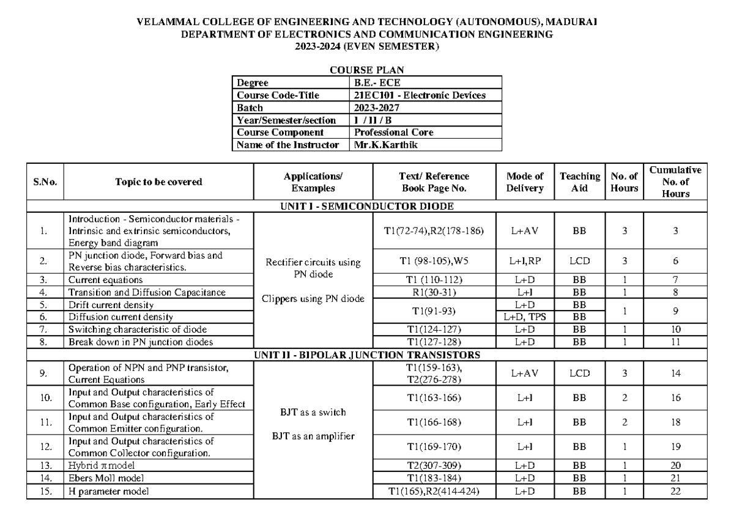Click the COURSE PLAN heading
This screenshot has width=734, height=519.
(x=366, y=70)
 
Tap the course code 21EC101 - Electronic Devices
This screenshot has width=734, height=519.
(x=420, y=95)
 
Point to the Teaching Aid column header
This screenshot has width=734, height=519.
(x=579, y=182)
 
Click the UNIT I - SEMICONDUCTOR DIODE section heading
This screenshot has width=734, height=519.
(x=366, y=206)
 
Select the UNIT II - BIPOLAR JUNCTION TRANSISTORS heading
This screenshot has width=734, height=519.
(x=366, y=355)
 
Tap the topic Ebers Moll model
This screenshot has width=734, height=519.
(x=106, y=478)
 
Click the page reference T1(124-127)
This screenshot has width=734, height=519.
(x=434, y=329)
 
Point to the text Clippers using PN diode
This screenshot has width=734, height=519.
(x=316, y=299)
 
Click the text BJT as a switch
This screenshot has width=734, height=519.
(x=316, y=413)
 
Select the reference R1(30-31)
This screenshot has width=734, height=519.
(x=434, y=292)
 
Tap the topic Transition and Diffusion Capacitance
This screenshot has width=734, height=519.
(x=147, y=292)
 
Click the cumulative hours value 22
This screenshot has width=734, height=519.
(x=676, y=491)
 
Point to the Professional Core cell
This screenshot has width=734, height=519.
(x=394, y=132)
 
